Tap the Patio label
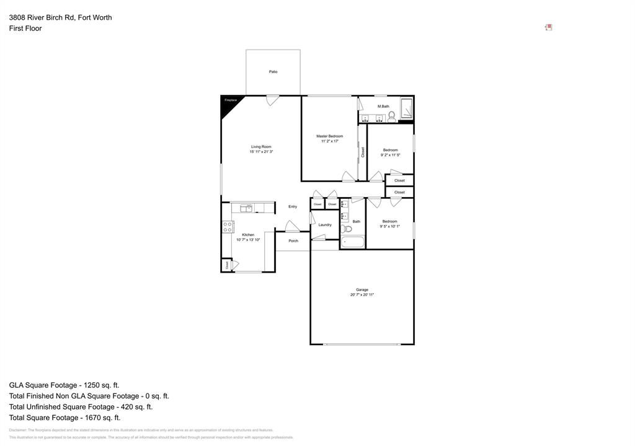[x=273, y=72]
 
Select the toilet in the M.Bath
[x=391, y=115]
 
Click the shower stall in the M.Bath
[x=406, y=108]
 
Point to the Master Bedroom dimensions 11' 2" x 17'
[x=329, y=141]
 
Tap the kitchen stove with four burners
[x=228, y=227]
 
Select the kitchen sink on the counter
[x=246, y=208]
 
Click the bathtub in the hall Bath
[x=352, y=242]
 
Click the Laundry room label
[x=325, y=225]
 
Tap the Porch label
[x=293, y=241]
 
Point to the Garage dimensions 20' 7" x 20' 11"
[x=362, y=295]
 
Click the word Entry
[x=293, y=206]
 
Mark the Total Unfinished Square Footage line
[x=81, y=406]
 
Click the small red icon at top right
[x=548, y=27]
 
